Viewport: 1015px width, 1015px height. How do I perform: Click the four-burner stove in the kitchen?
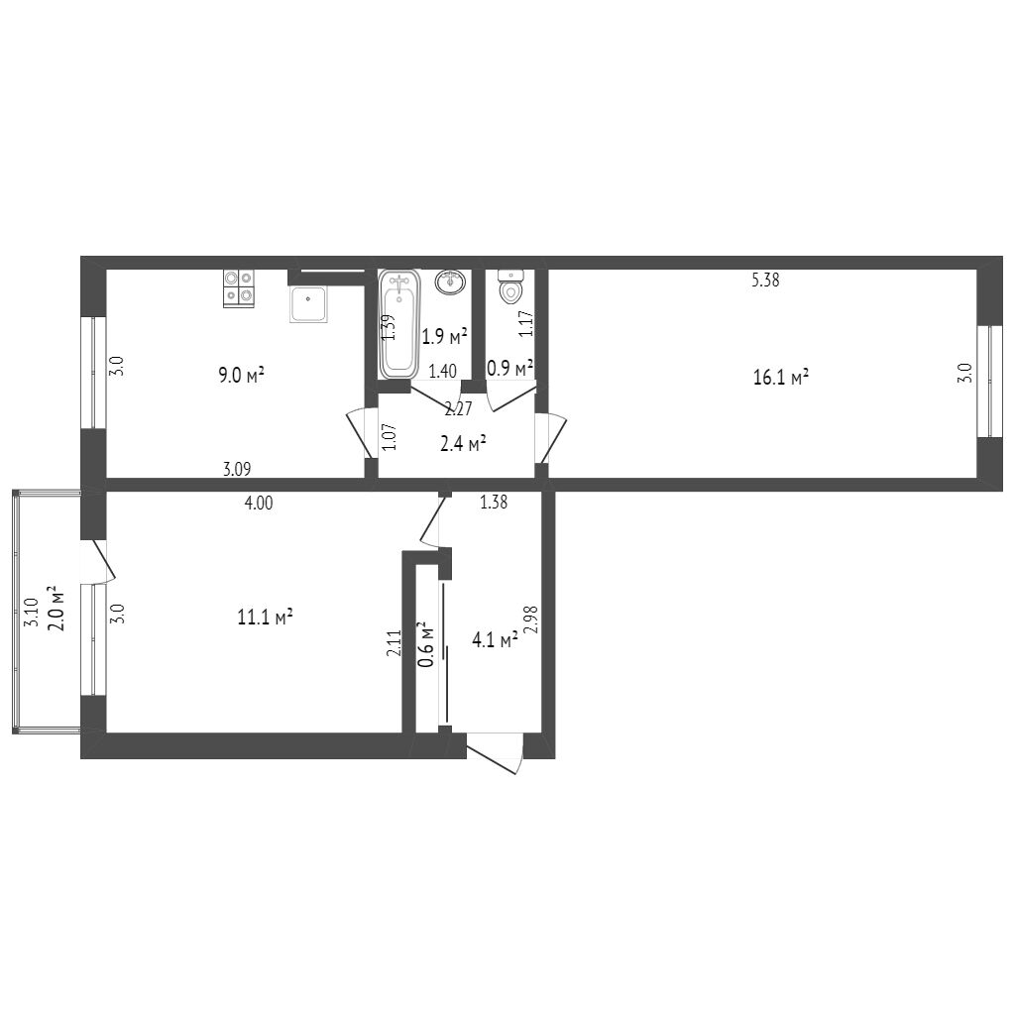(238, 287)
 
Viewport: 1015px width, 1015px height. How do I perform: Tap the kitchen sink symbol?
(308, 304)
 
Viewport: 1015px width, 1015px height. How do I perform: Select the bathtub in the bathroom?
(399, 323)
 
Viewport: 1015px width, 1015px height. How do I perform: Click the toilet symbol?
(510, 288)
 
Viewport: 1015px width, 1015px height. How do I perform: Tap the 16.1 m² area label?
(781, 377)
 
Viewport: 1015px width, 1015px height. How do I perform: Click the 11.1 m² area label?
(265, 618)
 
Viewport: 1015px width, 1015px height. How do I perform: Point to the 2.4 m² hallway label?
(463, 443)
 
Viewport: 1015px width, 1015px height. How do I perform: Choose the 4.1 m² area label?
(496, 641)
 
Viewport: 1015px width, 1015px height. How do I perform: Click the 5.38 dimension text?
(765, 281)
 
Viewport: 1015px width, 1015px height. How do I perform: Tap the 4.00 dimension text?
(259, 504)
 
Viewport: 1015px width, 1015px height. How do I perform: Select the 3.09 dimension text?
(239, 470)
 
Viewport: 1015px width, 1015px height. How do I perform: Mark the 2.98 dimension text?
(532, 620)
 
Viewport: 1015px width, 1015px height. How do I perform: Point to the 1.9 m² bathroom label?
(445, 336)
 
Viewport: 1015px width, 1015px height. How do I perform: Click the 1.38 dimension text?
(494, 504)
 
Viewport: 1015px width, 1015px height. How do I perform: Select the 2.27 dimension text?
(458, 408)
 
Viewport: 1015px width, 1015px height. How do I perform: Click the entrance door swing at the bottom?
(495, 754)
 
